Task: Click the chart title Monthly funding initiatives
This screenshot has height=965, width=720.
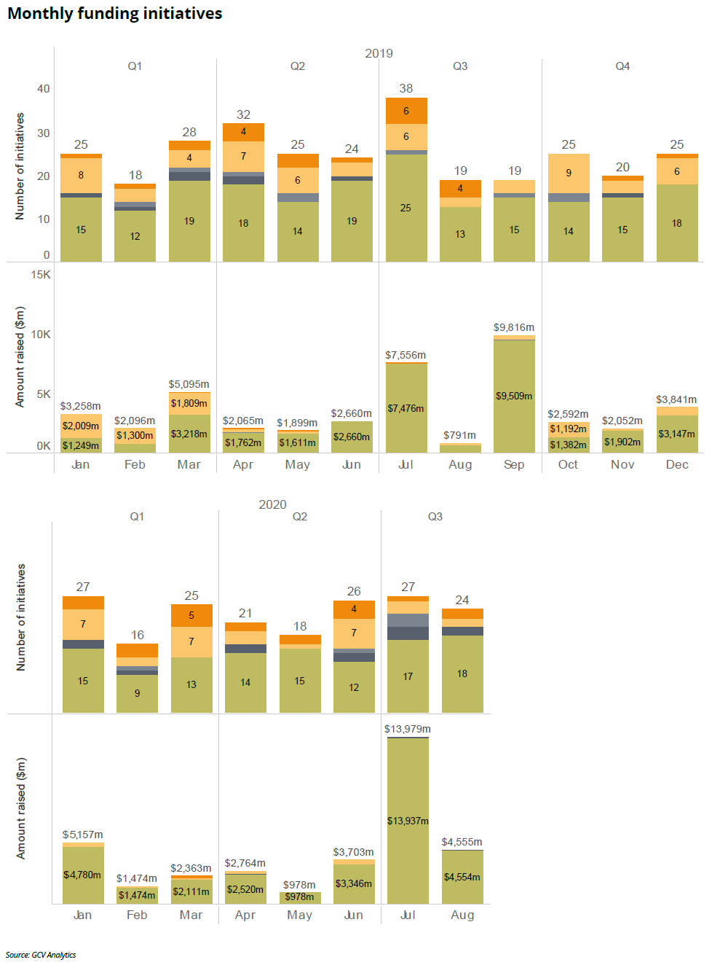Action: point(114,14)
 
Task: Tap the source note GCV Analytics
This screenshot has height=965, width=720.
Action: point(41,955)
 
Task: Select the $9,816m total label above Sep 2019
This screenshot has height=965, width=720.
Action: point(514,328)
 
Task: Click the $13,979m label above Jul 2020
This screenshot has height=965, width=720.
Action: point(408,729)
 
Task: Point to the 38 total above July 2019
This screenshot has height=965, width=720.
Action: point(406,89)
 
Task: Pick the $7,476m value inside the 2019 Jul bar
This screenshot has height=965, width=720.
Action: point(406,409)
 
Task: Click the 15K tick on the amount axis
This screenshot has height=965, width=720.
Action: point(41,275)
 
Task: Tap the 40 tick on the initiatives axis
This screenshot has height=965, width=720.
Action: point(44,89)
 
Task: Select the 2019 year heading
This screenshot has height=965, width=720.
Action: point(379,53)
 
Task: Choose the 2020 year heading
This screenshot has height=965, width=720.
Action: point(272,504)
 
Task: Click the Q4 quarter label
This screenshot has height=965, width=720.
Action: point(622,66)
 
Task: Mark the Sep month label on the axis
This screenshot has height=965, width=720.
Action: point(514,465)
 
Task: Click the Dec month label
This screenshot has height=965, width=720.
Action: point(677,465)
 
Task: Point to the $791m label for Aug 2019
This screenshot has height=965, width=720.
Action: point(459,435)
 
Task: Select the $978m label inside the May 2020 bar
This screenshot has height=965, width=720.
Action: point(299,897)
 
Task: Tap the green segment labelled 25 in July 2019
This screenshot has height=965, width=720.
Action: point(406,208)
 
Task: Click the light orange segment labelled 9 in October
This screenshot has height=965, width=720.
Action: point(569,173)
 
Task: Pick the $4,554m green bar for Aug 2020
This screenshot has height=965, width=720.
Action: point(462,877)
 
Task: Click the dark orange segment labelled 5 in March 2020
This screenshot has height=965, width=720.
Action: point(191,616)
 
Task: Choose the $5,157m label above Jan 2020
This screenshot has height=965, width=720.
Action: point(82,835)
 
